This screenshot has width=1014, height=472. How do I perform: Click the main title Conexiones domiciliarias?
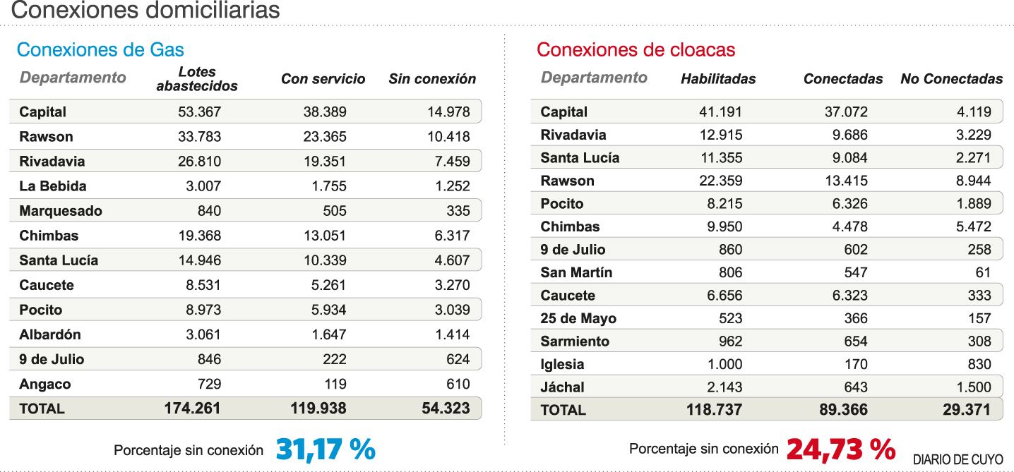145,11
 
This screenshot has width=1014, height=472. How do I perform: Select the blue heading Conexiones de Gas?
100,50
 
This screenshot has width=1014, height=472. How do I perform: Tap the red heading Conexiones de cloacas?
636,50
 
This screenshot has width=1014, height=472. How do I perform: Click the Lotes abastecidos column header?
197,79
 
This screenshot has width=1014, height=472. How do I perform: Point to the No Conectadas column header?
951,79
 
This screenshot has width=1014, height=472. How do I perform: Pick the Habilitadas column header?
717,79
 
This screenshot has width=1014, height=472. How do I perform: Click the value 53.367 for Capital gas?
199,112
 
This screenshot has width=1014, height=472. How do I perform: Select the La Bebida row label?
53,186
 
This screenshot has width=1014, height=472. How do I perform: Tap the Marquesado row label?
61,211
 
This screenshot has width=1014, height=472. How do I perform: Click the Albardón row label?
50,334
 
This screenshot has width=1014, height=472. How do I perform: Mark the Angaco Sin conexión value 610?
458,384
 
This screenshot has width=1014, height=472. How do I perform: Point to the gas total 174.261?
192,409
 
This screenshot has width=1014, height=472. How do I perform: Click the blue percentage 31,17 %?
326,449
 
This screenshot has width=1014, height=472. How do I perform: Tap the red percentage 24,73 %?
840,449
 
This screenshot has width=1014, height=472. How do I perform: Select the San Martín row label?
576,272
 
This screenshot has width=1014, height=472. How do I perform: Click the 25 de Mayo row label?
578,318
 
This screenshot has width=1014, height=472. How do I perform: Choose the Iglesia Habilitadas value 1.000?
724,364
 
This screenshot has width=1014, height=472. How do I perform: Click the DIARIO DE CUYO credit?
958,459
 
